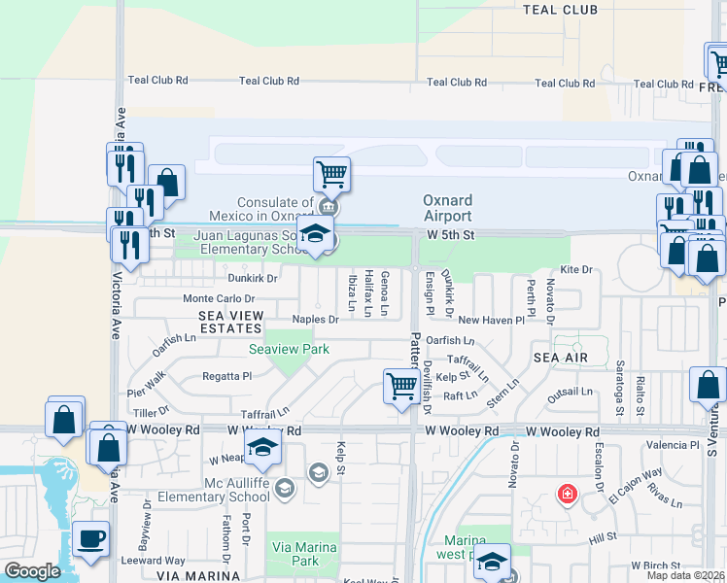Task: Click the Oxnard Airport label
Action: point(447,208)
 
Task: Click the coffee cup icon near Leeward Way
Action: point(90,539)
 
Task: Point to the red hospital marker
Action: point(566,495)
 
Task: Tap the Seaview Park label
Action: point(289,349)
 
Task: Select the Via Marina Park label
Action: point(303,555)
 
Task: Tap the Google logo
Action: point(32,571)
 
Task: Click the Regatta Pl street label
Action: point(226,375)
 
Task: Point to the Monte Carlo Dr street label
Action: point(219,299)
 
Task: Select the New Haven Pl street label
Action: point(491,320)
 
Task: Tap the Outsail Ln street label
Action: point(570,393)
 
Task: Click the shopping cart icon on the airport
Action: point(331,175)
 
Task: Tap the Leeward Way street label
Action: point(153,561)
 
